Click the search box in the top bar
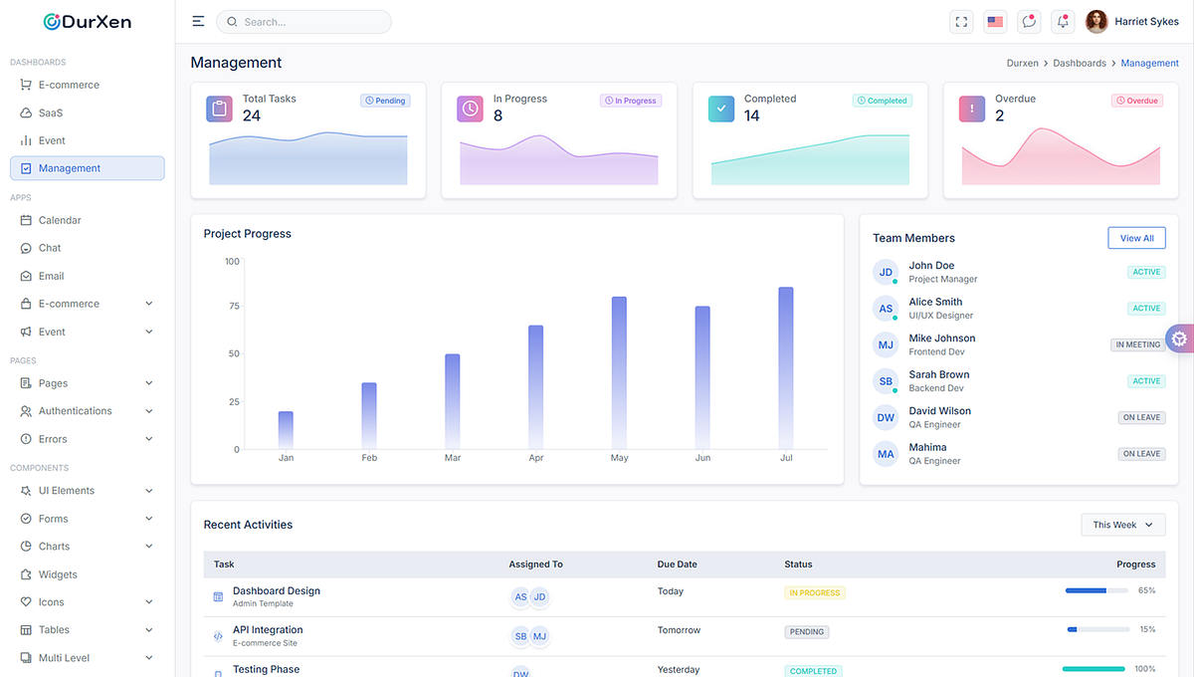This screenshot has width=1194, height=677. click(303, 22)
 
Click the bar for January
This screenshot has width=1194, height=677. click(286, 429)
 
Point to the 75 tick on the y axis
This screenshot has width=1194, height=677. click(233, 306)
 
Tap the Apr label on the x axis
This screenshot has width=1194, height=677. click(536, 458)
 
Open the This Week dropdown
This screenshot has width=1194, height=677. click(1122, 525)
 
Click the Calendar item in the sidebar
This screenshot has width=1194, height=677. click(60, 220)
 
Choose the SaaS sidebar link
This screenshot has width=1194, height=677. click(51, 113)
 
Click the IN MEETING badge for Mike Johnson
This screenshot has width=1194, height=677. click(1137, 344)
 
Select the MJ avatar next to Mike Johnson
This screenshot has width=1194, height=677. click(886, 345)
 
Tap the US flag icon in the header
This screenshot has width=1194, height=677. click(995, 22)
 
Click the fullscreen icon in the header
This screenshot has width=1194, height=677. click(961, 22)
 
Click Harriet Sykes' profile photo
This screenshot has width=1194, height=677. click(1096, 22)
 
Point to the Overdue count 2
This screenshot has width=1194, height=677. click(999, 116)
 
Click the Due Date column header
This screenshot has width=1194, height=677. click(677, 564)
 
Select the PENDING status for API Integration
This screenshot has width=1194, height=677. click(807, 631)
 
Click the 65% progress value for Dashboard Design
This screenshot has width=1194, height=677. click(1146, 590)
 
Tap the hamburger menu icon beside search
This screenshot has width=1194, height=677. click(198, 22)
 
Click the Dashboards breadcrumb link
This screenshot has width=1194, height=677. click(1080, 63)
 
